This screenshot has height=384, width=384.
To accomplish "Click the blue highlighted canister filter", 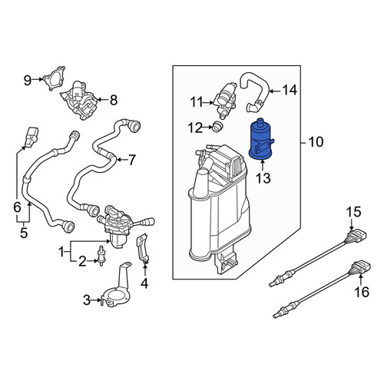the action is pyautogui.click(x=260, y=141).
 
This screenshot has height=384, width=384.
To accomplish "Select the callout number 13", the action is pyautogui.click(x=263, y=178).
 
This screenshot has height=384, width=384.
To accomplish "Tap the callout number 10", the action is pyautogui.click(x=316, y=142).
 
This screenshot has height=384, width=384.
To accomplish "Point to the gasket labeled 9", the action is pyautogui.click(x=55, y=78).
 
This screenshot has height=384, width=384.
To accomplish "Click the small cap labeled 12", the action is pyautogui.click(x=217, y=126).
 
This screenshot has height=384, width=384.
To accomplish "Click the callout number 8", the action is pyautogui.click(x=114, y=100).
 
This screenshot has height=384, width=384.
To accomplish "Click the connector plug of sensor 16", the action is pyautogui.click(x=362, y=266).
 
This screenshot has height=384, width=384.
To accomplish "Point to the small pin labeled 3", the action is pyautogui.click(x=102, y=301).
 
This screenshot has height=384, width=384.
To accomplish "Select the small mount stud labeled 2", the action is pyautogui.click(x=101, y=256).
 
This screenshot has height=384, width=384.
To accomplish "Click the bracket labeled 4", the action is pyautogui.click(x=143, y=249).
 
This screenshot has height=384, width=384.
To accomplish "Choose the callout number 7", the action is pyautogui.click(x=131, y=161).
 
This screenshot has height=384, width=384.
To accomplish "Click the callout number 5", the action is pyautogui.click(x=24, y=233).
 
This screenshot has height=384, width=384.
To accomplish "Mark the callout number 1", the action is pyautogui.click(x=61, y=253).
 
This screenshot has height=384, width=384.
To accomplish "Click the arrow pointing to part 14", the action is pyautogui.click(x=275, y=91).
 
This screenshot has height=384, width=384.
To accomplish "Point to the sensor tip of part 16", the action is pyautogui.click(x=276, y=316).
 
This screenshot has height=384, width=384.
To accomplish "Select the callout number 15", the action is pyautogui.click(x=354, y=212).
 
